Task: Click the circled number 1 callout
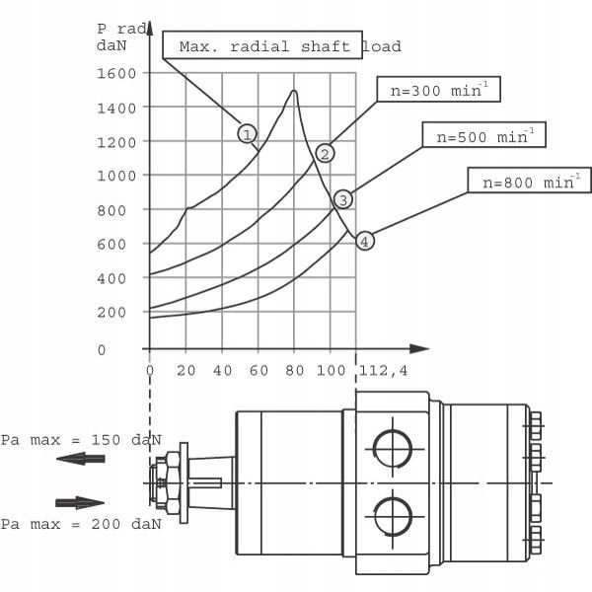click(247, 133)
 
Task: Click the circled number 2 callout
click(325, 153)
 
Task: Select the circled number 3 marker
click(342, 199)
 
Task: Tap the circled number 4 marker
click(365, 241)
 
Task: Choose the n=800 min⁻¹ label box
click(529, 182)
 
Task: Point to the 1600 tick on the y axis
click(117, 73)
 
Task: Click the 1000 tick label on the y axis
click(117, 176)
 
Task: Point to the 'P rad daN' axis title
click(122, 36)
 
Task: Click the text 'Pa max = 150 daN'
click(80, 439)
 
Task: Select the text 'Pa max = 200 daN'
click(80, 523)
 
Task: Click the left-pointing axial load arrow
click(80, 459)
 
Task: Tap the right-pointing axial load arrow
click(80, 502)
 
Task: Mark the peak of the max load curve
click(294, 91)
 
